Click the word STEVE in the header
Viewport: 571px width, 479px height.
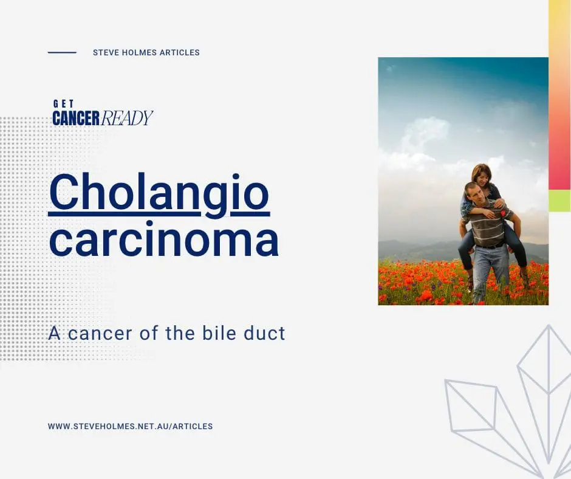pos(104,52)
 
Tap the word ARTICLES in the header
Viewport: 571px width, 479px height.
pos(180,52)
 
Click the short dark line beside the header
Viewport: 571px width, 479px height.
pos(62,52)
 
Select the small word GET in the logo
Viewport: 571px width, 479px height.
pos(63,104)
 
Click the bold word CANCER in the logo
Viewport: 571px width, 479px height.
pos(76,118)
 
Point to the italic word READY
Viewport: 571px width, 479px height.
pos(126,118)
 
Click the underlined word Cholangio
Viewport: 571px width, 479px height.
pos(159,195)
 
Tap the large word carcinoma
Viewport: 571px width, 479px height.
pos(164,239)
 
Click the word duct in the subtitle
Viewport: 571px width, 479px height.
pos(264,333)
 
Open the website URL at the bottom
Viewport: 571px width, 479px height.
pos(131,426)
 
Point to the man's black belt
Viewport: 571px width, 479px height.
pos(490,246)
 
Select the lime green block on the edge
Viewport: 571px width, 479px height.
pos(559,201)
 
